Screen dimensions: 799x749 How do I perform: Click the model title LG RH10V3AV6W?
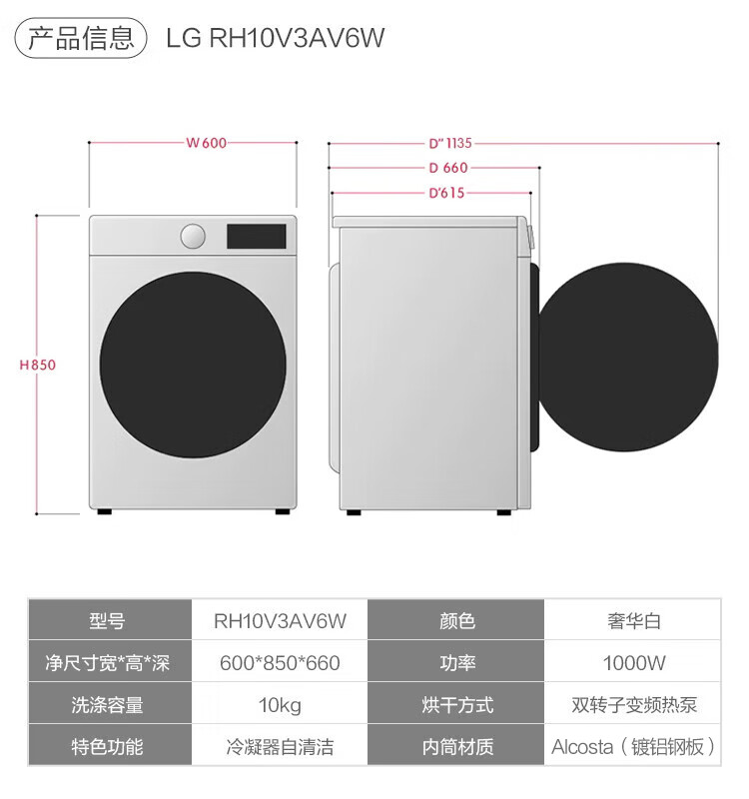click(x=276, y=38)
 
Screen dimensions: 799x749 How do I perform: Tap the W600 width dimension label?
click(x=207, y=143)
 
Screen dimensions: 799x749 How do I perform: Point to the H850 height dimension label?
click(x=38, y=365)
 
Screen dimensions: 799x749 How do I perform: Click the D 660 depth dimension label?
click(x=447, y=168)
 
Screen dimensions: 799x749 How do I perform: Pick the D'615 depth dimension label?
click(x=446, y=193)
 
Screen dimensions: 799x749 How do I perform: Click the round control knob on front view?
click(x=193, y=237)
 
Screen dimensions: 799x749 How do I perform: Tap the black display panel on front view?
click(x=256, y=237)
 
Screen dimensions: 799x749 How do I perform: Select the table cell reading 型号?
click(x=108, y=621)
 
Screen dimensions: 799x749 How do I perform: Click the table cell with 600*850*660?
click(x=280, y=663)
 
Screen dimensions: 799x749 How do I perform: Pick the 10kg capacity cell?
click(x=280, y=705)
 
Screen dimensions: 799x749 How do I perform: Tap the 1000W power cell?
click(x=634, y=663)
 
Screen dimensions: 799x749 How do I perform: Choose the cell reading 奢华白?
click(x=634, y=621)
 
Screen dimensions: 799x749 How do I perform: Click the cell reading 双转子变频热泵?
click(x=634, y=705)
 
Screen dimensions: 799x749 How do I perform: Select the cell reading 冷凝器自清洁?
click(x=280, y=746)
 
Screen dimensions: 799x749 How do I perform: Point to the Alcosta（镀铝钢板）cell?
click(x=634, y=746)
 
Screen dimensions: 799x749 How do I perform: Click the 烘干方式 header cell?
click(x=457, y=705)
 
